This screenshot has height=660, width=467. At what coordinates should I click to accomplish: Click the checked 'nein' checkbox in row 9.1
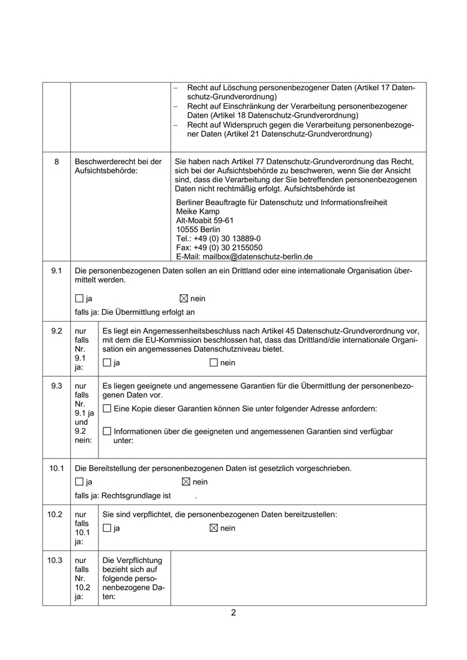coord(184,299)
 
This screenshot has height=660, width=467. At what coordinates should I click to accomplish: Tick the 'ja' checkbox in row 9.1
coord(79,299)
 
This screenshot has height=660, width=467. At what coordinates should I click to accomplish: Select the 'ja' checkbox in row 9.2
coord(106,363)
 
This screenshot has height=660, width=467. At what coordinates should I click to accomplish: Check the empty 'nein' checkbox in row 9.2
coord(214,363)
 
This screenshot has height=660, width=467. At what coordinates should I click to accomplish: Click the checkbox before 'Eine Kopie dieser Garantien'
coord(106,409)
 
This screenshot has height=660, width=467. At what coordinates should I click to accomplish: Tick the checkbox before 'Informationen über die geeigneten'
coord(106,431)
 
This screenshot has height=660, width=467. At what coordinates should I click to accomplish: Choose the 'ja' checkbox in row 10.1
coord(79,481)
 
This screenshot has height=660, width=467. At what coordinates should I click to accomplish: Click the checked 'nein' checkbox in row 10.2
coord(214,528)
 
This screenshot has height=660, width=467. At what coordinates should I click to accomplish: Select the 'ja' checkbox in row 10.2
coord(106,528)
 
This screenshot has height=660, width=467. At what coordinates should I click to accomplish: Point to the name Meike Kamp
coord(198,211)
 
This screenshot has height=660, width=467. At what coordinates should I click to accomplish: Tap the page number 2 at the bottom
coord(233,612)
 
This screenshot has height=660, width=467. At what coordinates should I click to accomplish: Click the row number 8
coord(57,162)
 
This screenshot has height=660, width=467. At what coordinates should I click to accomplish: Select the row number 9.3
coord(57,386)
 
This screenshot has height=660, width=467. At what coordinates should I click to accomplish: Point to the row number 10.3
coord(55,560)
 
